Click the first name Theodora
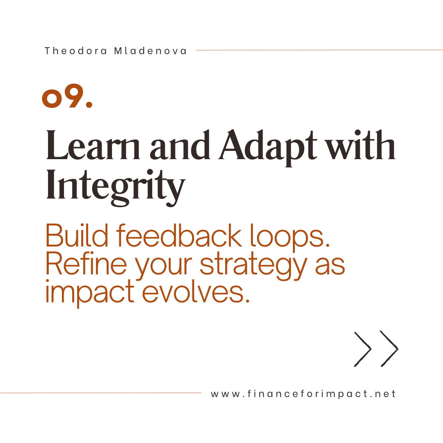76,51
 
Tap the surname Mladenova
150,51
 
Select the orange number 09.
67,96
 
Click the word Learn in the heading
93,145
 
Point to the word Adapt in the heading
268,147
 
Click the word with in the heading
361,145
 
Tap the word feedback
179,235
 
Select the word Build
77,235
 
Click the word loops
290,237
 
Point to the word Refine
86,263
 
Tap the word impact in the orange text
90,293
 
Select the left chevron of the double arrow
363,349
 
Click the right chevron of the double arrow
389,349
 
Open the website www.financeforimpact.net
304,394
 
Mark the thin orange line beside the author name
320,50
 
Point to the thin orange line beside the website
100,393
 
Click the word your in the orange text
164,266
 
